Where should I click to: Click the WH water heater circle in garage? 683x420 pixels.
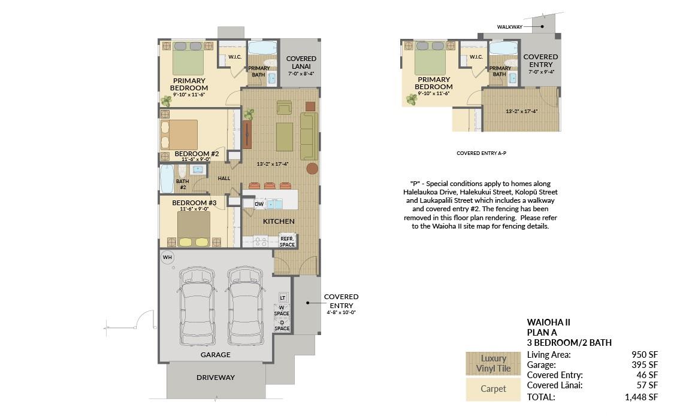[x=167, y=257]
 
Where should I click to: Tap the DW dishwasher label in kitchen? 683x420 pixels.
[x=259, y=204]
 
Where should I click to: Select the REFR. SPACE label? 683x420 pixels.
[x=287, y=242]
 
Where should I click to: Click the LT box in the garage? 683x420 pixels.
[x=283, y=298]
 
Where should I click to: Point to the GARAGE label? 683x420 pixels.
[x=216, y=355]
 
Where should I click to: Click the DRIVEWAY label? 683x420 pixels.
[x=216, y=378]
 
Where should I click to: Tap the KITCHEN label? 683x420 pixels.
[x=279, y=221]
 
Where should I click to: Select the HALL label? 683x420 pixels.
[x=224, y=178]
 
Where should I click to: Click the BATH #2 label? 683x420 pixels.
[x=183, y=184]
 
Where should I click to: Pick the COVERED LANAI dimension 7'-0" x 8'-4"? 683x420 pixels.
[x=301, y=74]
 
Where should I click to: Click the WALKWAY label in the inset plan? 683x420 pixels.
[x=510, y=27]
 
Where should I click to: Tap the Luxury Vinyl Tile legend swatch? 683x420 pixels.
[x=493, y=364]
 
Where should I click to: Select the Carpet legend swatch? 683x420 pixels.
[x=493, y=389]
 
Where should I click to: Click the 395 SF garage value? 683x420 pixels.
[x=645, y=365]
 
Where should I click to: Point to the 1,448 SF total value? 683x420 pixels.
[x=641, y=397]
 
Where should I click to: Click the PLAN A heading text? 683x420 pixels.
[x=542, y=333]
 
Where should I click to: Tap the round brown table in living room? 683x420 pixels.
[x=312, y=168]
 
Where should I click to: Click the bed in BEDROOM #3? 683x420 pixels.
[x=194, y=230]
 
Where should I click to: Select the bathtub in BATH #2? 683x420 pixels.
[x=167, y=179]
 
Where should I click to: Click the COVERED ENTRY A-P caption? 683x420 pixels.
[x=481, y=153]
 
